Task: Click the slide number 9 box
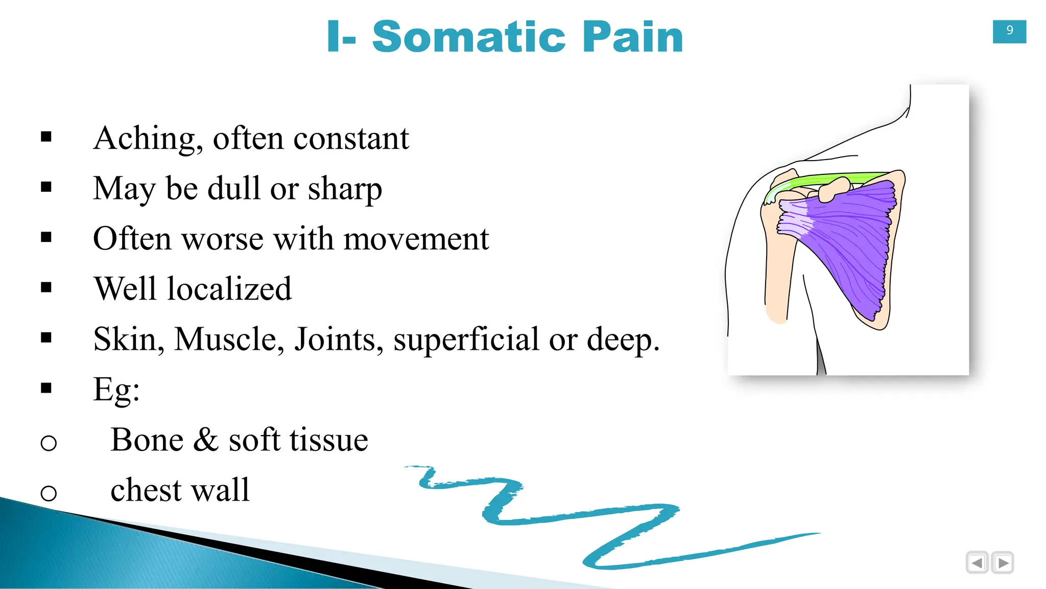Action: click(1009, 31)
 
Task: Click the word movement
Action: click(416, 239)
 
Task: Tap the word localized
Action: click(229, 289)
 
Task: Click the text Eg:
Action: click(116, 390)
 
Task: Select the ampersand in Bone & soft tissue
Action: click(206, 440)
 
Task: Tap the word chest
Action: click(146, 490)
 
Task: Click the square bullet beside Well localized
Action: click(46, 288)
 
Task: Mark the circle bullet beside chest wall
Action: click(49, 493)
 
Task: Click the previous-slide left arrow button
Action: click(977, 563)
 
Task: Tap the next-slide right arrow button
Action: click(1003, 563)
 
